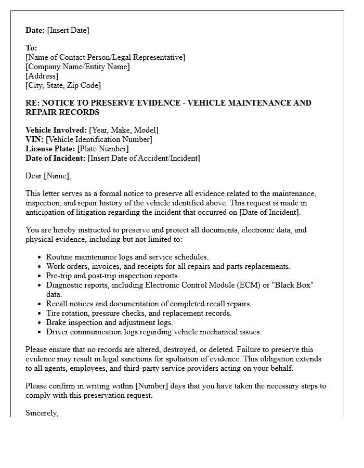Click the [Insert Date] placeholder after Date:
pos(68,30)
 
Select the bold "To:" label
pos(31,48)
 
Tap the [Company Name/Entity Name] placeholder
pos(77,67)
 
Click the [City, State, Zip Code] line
pos(63,85)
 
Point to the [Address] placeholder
pos(42,76)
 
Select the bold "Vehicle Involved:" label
pos(56,130)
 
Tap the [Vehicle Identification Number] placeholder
pos(99,139)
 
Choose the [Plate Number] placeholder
pos(103,149)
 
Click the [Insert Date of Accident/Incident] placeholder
pos(144,158)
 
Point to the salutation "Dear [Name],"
pos(48,176)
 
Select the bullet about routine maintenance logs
pos(127,257)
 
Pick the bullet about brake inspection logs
pos(109,322)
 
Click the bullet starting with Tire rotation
pos(139,313)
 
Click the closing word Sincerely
pos(42,413)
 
